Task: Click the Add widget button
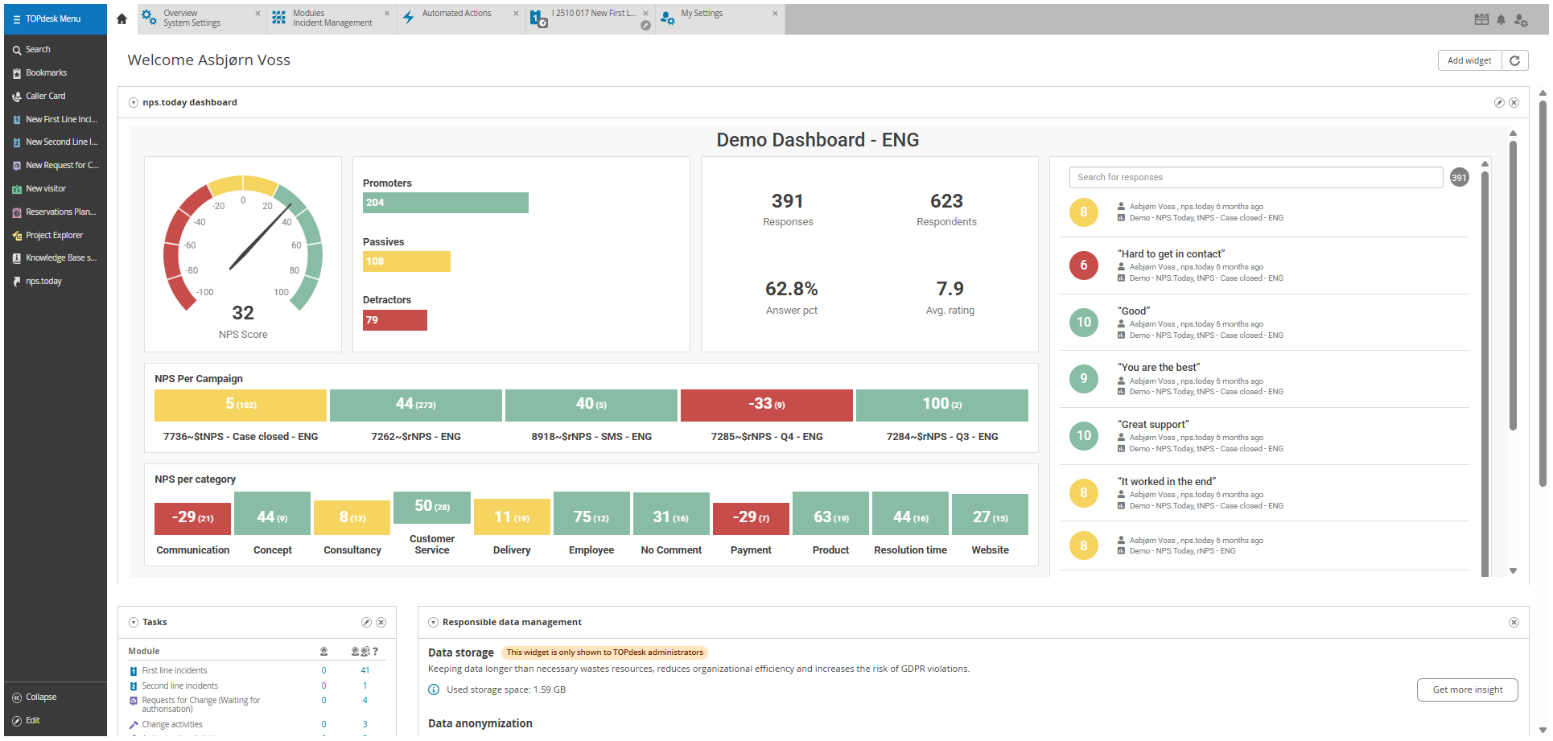point(1469,60)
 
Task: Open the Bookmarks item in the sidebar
point(46,73)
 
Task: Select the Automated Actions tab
point(456,14)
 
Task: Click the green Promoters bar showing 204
point(445,203)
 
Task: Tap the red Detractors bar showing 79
point(394,320)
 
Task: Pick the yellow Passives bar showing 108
point(406,261)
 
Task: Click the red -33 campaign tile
point(766,405)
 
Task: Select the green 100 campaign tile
point(941,405)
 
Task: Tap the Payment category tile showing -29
point(751,517)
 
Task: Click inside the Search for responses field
point(1255,178)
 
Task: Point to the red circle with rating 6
point(1084,266)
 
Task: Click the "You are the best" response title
point(1159,368)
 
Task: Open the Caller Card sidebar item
point(45,97)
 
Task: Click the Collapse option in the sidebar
point(41,698)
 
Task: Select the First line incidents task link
point(175,671)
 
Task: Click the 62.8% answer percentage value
point(791,289)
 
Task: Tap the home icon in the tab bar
point(122,19)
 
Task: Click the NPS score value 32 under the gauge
point(243,313)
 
